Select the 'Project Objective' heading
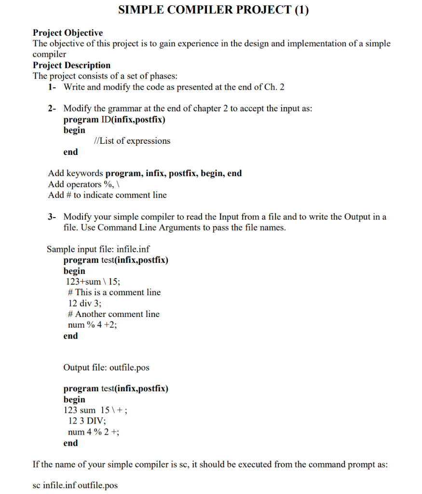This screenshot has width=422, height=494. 68,33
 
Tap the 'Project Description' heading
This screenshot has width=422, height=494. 71,65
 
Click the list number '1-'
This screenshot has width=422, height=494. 53,87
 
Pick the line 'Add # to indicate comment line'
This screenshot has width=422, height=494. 107,195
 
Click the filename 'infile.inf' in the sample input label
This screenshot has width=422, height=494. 133,249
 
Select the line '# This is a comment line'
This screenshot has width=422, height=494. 114,292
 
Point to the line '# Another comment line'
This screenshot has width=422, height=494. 114,314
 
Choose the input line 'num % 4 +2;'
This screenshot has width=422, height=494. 93,325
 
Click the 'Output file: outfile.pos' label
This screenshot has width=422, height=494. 106,368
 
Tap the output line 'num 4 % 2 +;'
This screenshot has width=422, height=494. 94,432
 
